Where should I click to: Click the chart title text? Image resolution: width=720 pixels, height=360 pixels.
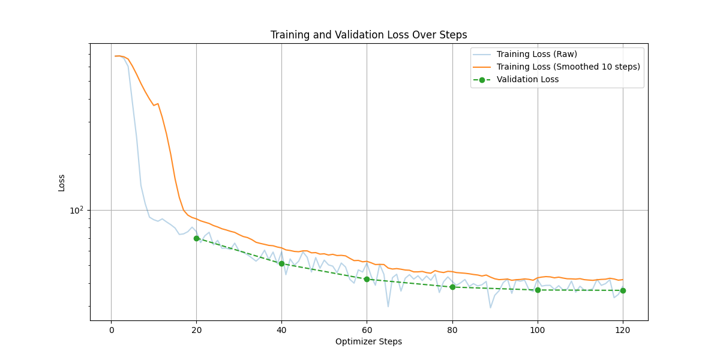coord(368,35)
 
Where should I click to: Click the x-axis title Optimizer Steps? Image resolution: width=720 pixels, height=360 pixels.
coord(368,342)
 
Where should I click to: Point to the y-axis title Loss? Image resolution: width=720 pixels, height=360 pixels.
coord(62,182)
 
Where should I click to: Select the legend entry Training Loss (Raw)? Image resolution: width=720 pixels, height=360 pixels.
coord(536,55)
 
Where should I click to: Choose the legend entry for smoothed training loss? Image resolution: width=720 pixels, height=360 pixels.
coord(568,67)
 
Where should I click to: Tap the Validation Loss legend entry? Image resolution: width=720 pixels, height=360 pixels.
coord(527,79)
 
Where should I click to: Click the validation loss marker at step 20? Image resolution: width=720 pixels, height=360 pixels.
coord(196,238)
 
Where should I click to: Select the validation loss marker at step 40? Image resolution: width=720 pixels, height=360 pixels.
coord(281,263)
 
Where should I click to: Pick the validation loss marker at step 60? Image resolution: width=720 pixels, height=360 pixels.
coord(367,279)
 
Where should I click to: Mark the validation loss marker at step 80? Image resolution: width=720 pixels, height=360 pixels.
coord(452,287)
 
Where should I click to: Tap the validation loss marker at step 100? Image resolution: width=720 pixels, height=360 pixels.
coord(538,290)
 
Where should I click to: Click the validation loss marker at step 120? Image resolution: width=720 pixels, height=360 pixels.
coord(623,290)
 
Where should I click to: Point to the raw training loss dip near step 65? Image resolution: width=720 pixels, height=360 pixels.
coord(388,307)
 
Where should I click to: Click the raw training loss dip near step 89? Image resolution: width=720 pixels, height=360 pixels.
coord(490,308)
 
